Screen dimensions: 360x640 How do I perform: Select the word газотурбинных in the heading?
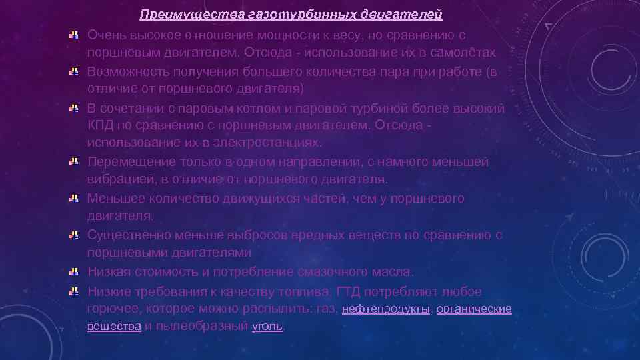point(272,14)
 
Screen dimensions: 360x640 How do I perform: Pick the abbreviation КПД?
point(101,125)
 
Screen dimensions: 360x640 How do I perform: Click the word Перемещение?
point(129,162)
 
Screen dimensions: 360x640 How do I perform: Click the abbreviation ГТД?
point(351,291)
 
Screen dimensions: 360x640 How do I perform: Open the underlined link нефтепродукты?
point(385,309)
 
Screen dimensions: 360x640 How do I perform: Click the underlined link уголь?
point(267,327)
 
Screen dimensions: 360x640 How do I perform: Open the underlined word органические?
point(474,309)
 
